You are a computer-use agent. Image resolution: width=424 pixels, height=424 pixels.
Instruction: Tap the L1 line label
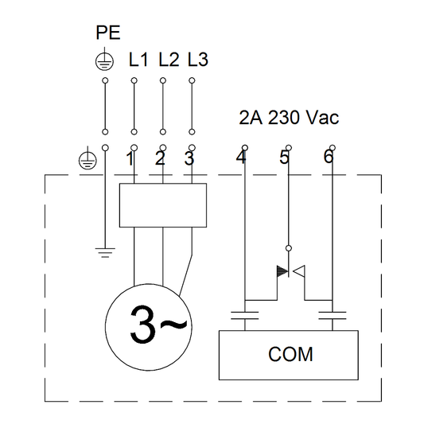click(x=138, y=60)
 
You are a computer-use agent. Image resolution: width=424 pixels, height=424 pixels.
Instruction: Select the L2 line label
click(x=168, y=60)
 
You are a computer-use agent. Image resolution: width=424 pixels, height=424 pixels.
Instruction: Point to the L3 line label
click(x=197, y=60)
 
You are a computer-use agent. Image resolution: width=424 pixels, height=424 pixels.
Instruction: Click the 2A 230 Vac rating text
click(x=289, y=119)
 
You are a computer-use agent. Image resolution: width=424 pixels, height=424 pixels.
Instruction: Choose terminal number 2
click(x=159, y=158)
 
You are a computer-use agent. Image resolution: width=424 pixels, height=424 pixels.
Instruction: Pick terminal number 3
click(x=189, y=158)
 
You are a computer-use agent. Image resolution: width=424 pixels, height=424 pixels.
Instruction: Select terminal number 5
click(x=285, y=158)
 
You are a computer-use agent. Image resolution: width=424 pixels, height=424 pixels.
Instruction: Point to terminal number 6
click(x=328, y=158)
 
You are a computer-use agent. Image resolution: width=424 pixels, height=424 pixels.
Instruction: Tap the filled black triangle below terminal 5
click(x=282, y=272)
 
